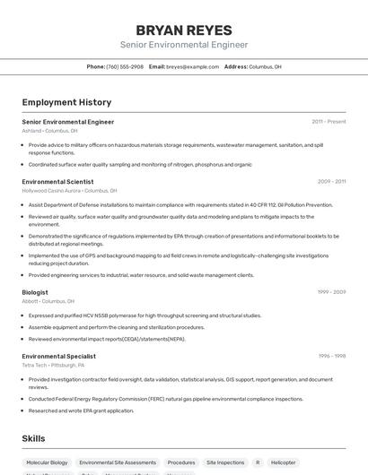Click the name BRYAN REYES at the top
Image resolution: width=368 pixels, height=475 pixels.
click(184, 30)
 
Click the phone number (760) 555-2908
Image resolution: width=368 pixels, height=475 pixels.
click(125, 66)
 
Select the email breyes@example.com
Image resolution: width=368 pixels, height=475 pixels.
click(193, 66)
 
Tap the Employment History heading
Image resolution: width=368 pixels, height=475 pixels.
click(66, 102)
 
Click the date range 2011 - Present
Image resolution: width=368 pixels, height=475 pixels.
click(329, 121)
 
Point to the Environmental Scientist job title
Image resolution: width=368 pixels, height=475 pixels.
click(57, 181)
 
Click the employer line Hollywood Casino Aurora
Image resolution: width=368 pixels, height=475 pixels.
click(69, 190)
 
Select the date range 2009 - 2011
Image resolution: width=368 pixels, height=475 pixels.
click(331, 181)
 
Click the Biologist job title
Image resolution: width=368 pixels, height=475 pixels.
click(36, 291)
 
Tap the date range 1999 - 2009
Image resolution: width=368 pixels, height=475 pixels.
click(331, 291)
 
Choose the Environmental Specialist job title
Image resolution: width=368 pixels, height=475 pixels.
click(58, 356)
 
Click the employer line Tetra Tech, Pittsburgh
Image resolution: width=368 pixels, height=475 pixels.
click(53, 365)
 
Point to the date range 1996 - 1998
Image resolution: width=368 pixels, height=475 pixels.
click(331, 356)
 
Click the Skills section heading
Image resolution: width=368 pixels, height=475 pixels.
click(34, 438)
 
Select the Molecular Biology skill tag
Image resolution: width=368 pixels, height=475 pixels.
click(47, 462)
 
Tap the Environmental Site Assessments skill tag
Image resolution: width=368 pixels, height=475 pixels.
click(118, 462)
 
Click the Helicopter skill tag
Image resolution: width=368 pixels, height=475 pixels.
click(283, 462)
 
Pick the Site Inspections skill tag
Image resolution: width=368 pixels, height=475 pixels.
click(224, 462)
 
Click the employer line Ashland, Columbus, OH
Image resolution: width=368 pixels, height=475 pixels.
click(49, 130)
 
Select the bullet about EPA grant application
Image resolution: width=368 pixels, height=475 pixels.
click(81, 410)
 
